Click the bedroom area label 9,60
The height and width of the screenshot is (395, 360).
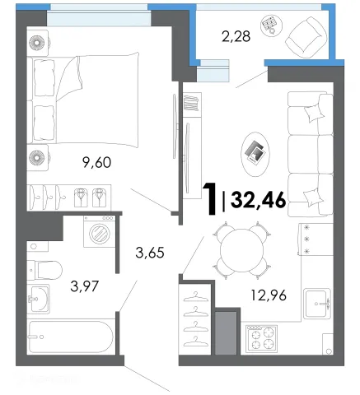pyautogui.click(x=96, y=162)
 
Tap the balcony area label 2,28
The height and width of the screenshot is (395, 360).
pyautogui.click(x=236, y=37)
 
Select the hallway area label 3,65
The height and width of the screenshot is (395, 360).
pyautogui.click(x=150, y=253)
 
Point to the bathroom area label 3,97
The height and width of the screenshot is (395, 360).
pyautogui.click(x=84, y=286)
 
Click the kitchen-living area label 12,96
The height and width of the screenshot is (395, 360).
pyautogui.click(x=269, y=295)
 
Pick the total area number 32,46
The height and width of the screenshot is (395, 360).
pyautogui.click(x=259, y=200)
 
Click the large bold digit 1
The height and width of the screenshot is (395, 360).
pyautogui.click(x=210, y=199)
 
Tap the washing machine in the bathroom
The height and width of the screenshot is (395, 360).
pyautogui.click(x=100, y=231)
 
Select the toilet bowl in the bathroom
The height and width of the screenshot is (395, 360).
pyautogui.click(x=44, y=270)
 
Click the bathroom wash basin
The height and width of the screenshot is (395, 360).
pyautogui.click(x=39, y=299)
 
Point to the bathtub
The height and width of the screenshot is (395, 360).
pyautogui.click(x=71, y=337)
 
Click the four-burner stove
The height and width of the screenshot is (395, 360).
pyautogui.click(x=261, y=339)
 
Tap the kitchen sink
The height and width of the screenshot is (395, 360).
pyautogui.click(x=317, y=304)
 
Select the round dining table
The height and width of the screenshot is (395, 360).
pyautogui.click(x=241, y=250)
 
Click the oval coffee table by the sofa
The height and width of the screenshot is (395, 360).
pyautogui.click(x=255, y=154)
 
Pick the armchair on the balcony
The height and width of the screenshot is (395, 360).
pyautogui.click(x=306, y=37)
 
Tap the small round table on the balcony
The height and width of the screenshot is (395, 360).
pyautogui.click(x=271, y=25)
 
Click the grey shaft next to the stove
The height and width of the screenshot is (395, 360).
pyautogui.click(x=226, y=333)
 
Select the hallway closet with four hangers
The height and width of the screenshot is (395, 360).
pyautogui.click(x=194, y=319)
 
